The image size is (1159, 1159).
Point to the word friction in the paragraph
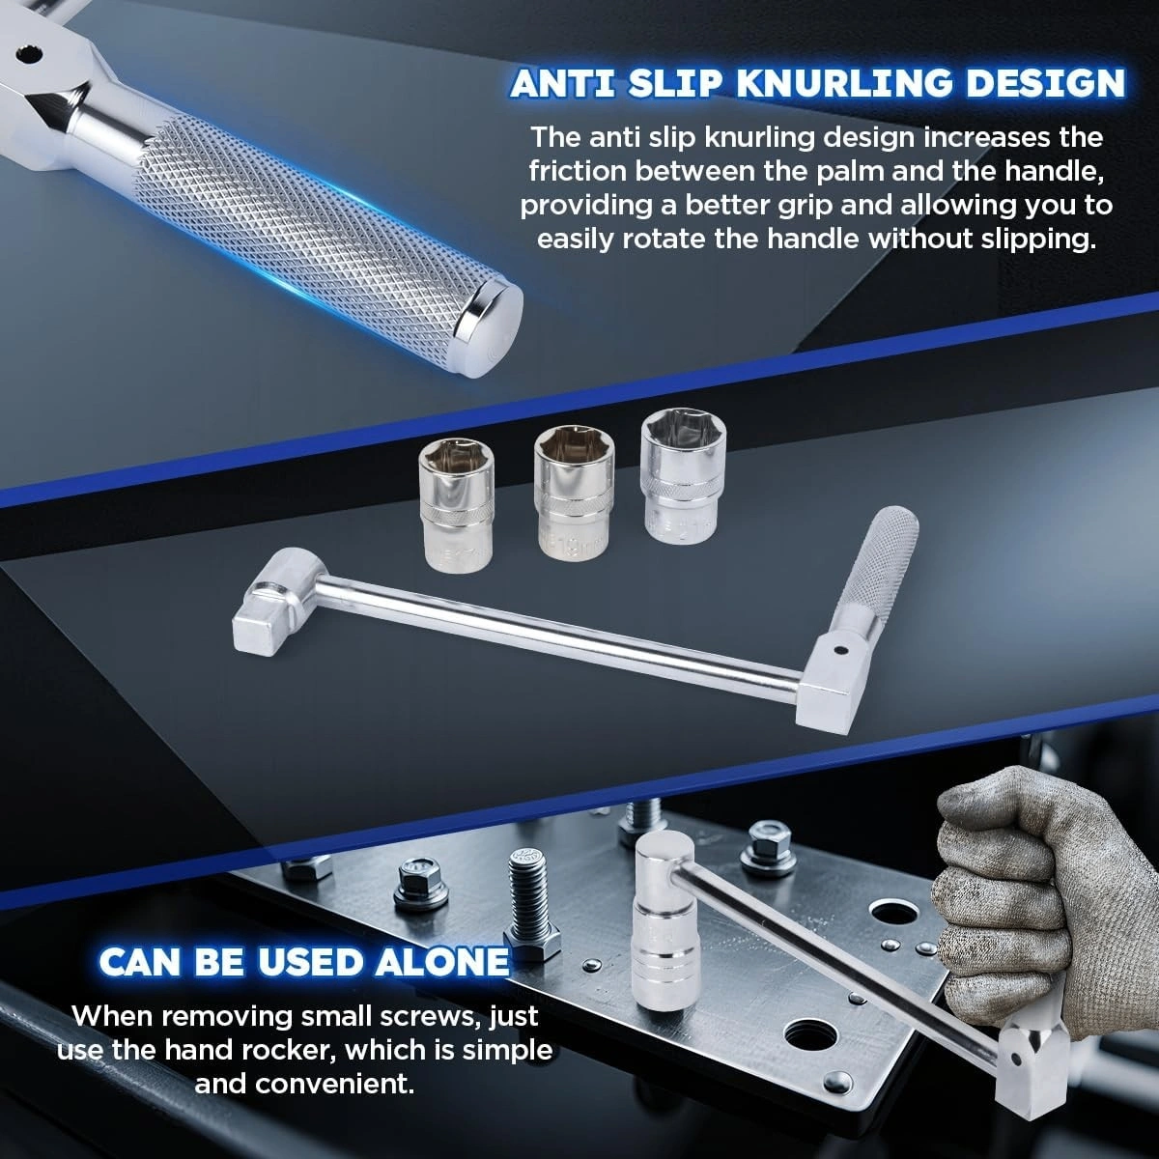578,172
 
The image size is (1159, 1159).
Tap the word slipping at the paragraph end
1037,240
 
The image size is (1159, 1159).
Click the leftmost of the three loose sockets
457,504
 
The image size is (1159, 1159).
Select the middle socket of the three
574,489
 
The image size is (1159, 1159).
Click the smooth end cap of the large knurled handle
489,329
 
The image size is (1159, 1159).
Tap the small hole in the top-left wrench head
28,55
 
